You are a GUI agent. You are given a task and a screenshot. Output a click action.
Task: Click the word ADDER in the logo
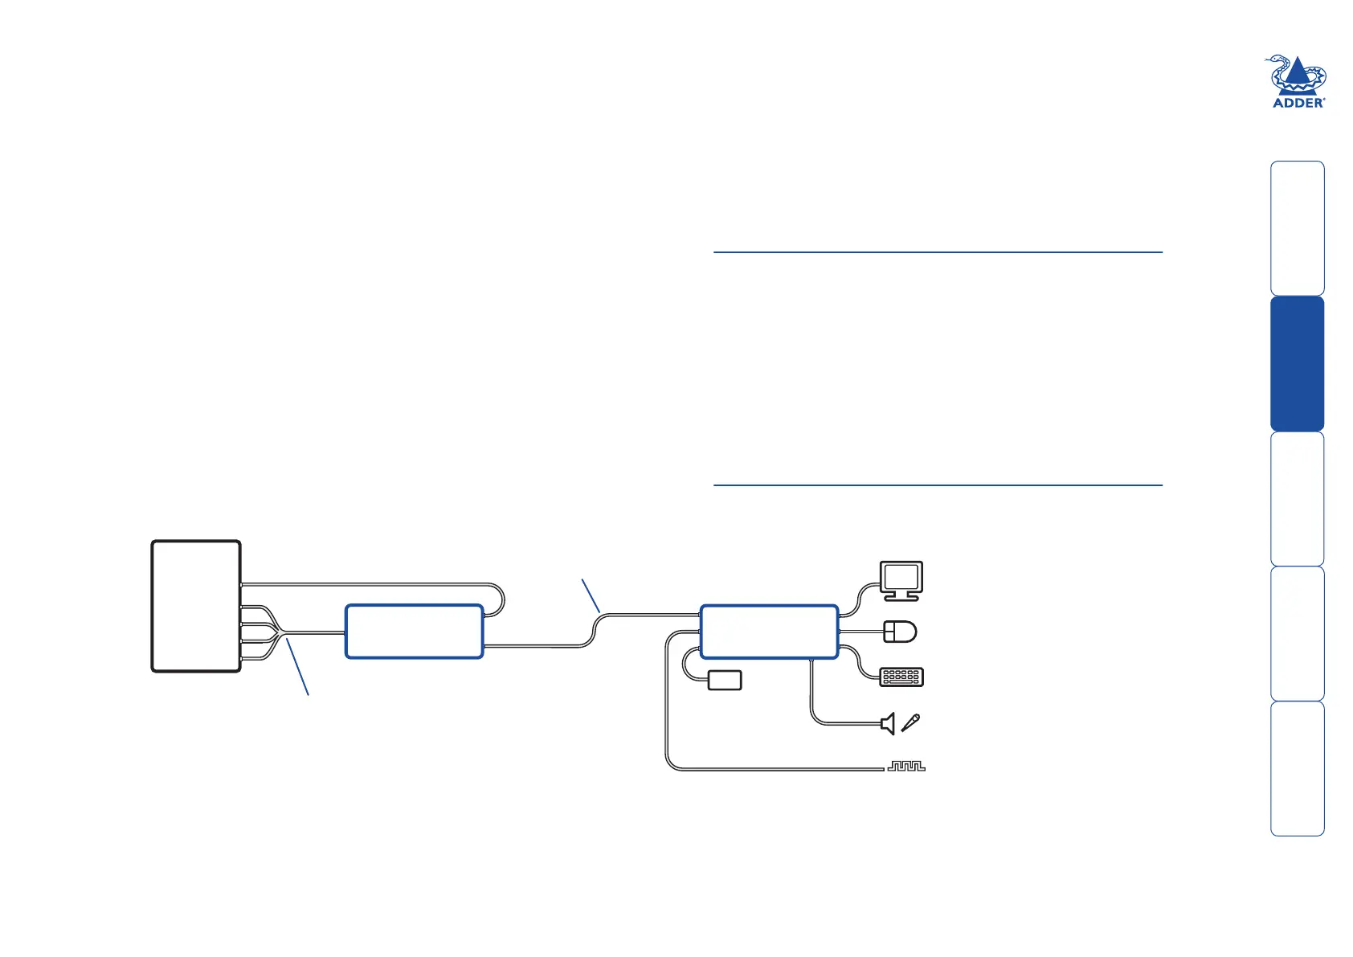[x=1298, y=104]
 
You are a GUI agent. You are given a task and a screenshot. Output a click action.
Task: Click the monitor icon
[x=901, y=581]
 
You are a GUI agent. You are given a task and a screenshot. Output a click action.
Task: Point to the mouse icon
[x=900, y=632]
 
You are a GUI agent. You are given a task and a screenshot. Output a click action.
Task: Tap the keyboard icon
[x=901, y=677]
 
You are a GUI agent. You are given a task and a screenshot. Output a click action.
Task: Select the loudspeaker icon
[x=888, y=724]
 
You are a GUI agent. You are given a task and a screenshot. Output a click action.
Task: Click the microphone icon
[x=910, y=722]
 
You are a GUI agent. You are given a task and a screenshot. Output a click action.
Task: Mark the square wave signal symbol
[x=906, y=766]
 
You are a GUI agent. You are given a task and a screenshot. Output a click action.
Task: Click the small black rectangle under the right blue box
[x=724, y=681]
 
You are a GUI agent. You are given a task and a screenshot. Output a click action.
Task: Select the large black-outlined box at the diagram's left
[x=196, y=606]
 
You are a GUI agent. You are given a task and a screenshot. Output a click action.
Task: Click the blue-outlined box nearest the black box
[x=415, y=632]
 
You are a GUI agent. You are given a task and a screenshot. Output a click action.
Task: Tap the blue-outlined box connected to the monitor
[x=769, y=632]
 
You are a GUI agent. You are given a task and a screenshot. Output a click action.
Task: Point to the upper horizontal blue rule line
[x=938, y=252]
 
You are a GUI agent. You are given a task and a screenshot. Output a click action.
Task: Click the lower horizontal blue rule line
[x=938, y=485]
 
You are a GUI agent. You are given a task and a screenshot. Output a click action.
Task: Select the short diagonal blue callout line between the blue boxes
[x=591, y=595]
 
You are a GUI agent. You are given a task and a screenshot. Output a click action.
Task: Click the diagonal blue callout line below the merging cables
[x=297, y=667]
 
